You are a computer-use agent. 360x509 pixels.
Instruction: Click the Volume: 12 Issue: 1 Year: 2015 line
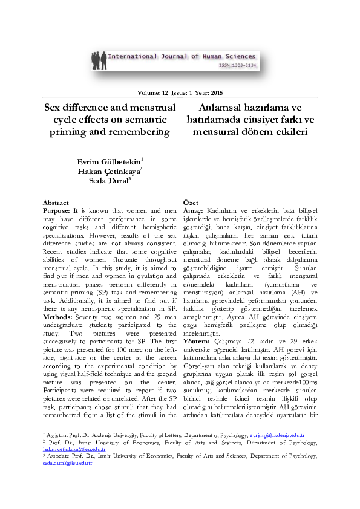click(x=180, y=93)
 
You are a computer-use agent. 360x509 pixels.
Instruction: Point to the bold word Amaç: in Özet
click(x=193, y=210)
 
